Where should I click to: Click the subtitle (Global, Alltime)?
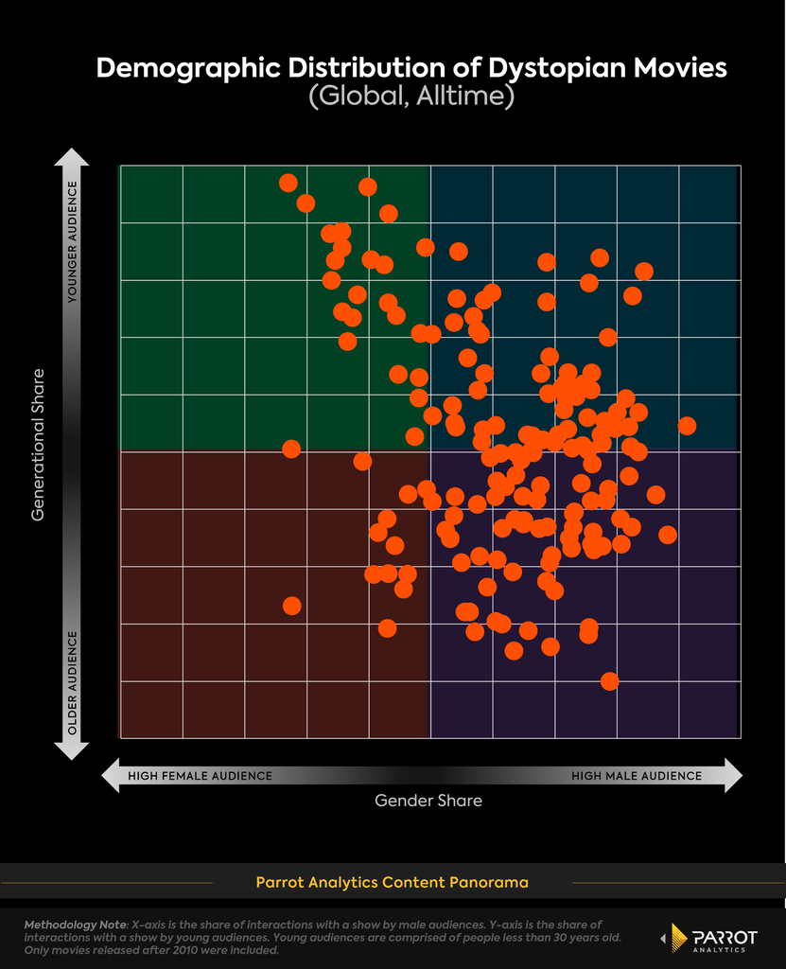coord(411,97)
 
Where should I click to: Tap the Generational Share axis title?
coord(39,445)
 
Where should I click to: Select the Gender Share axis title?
coord(428,801)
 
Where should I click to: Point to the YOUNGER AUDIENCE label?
coord(72,241)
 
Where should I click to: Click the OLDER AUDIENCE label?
coord(72,683)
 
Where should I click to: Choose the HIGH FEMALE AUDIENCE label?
coord(200,776)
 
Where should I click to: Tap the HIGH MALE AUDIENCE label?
coord(637,776)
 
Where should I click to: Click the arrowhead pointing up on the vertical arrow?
coord(72,157)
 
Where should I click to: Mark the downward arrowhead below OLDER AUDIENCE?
coord(72,750)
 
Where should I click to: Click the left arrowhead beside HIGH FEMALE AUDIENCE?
coord(111,776)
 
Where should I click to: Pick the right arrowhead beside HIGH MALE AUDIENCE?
coord(733,776)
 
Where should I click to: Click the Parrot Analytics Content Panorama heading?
coord(392,883)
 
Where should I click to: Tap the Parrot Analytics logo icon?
coord(678,938)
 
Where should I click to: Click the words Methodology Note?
coord(75,925)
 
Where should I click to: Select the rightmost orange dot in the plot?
coord(687,426)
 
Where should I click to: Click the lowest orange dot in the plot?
coord(610,681)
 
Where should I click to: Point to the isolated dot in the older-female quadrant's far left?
coord(291,606)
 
